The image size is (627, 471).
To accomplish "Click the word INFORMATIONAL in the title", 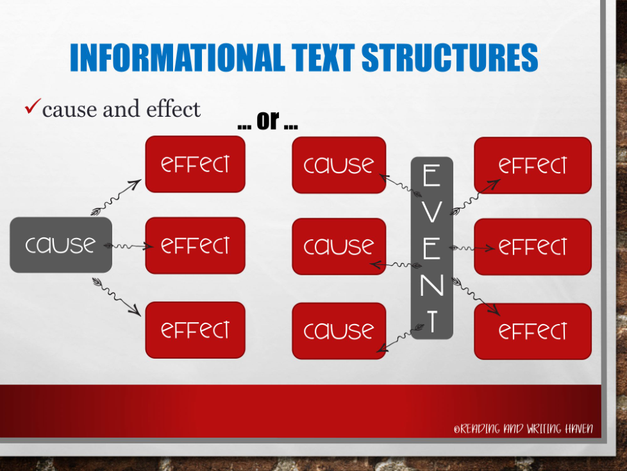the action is click(177, 58).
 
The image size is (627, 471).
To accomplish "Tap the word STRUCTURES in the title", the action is click(450, 58).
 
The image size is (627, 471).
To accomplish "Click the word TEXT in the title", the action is click(323, 58).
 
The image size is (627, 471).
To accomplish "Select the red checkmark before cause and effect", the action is click(33, 106).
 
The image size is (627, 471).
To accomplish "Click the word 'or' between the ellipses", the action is click(267, 120).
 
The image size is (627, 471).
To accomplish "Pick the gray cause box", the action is click(61, 245).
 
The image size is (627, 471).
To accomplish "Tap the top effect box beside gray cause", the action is click(195, 164).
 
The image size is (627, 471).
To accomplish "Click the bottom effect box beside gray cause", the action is click(195, 330).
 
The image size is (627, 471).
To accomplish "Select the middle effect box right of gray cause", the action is click(195, 245).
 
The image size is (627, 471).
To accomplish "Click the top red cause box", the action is click(339, 165).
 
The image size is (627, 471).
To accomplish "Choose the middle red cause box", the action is click(339, 246).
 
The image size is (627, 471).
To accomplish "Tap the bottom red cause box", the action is click(339, 331).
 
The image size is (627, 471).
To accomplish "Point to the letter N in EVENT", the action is click(432, 285).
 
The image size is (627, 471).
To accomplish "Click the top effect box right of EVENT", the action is click(533, 166).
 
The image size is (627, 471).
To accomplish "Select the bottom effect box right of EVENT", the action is click(533, 331).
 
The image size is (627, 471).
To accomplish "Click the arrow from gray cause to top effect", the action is click(116, 198).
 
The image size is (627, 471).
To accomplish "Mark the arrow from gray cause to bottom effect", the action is click(117, 297).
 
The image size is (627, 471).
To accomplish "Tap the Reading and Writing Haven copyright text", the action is click(523, 429).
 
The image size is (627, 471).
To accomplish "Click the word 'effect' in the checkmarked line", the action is click(173, 109).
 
